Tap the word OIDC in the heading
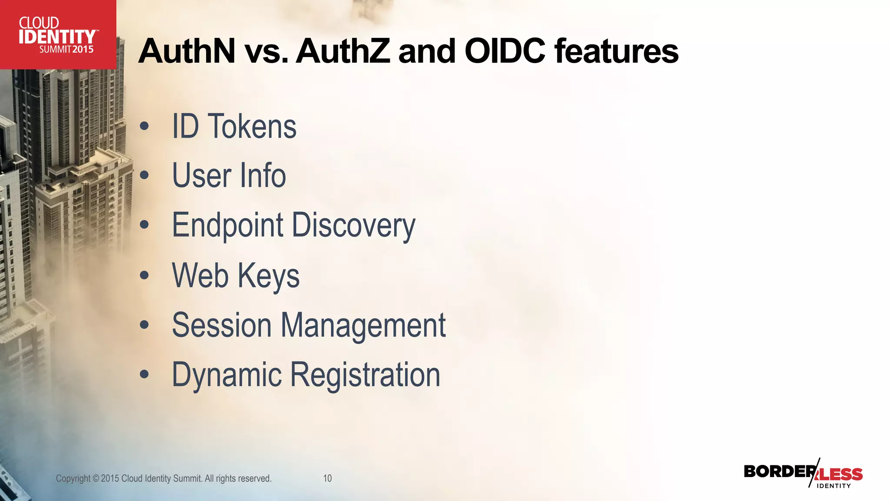click(505, 51)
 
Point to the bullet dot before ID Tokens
click(144, 127)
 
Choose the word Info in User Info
click(262, 176)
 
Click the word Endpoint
click(228, 225)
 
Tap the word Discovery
click(353, 226)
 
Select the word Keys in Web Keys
click(268, 276)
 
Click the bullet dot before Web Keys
click(144, 275)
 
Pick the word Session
click(222, 325)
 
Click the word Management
click(363, 326)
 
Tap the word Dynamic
click(227, 375)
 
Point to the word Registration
click(365, 375)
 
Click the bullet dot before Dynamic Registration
click(144, 374)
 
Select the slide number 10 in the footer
click(327, 478)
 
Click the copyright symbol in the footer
click(96, 478)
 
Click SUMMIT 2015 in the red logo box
click(66, 49)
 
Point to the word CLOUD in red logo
click(39, 23)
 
